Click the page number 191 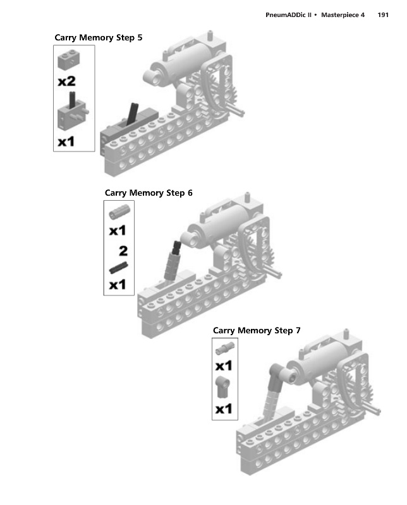(383, 15)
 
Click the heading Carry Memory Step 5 (99, 38)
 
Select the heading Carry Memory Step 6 (149, 193)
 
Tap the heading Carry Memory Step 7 (257, 330)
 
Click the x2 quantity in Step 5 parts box (67, 81)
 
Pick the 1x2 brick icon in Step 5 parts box (69, 59)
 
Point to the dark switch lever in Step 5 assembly (132, 114)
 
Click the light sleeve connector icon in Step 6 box (119, 211)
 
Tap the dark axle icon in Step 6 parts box (118, 268)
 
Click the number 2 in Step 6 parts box (123, 251)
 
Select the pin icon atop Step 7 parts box (225, 348)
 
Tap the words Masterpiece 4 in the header (343, 15)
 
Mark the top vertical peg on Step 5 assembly (210, 35)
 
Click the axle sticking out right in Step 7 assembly (374, 409)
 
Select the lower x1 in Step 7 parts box (224, 409)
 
